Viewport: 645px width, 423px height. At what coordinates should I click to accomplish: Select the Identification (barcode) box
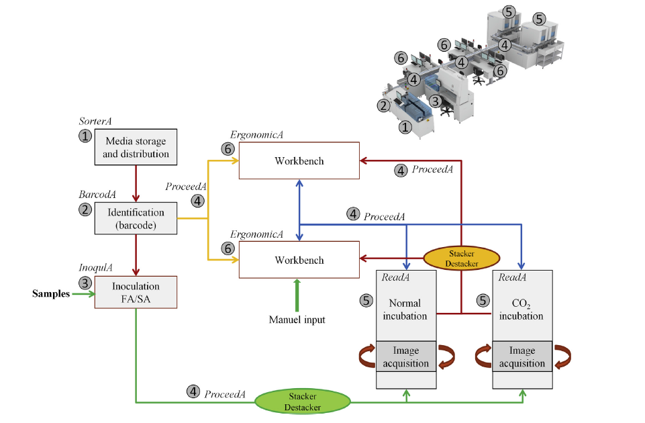click(136, 219)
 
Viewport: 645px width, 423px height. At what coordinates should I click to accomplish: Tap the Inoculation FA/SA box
click(136, 293)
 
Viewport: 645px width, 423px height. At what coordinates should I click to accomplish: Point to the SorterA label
click(94, 122)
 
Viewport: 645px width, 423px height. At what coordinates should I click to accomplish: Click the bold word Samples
click(51, 294)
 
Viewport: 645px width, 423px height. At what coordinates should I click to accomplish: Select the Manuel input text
click(297, 320)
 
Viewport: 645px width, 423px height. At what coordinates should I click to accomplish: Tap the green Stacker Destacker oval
click(303, 402)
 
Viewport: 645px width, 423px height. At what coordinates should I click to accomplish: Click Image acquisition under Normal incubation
click(405, 357)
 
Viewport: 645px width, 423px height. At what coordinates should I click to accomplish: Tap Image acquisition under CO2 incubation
click(522, 357)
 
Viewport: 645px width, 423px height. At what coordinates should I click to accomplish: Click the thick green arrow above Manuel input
click(296, 295)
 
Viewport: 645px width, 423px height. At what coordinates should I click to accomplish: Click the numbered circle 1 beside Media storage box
click(85, 136)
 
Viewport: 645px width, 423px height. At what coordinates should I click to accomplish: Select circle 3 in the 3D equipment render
click(435, 101)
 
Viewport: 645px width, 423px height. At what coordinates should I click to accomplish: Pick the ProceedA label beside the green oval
click(224, 393)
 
